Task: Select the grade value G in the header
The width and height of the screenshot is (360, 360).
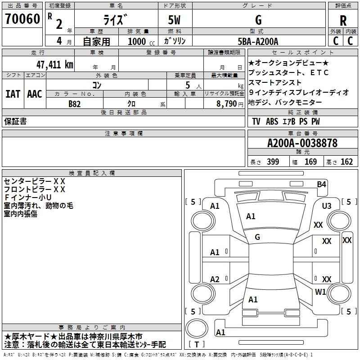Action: tap(258, 20)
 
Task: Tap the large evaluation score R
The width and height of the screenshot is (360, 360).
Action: tap(343, 21)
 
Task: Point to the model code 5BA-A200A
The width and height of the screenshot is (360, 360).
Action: tap(258, 41)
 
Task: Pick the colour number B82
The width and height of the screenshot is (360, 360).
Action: tap(74, 103)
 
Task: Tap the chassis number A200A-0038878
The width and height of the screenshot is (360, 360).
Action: tap(302, 144)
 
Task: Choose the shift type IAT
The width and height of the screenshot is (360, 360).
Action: tap(13, 94)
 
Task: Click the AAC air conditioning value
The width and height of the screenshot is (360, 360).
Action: tap(34, 94)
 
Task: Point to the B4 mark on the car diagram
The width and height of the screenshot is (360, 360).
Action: tap(321, 184)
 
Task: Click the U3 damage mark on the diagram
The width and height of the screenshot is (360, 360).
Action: tap(326, 206)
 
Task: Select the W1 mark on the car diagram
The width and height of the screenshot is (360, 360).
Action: tap(320, 292)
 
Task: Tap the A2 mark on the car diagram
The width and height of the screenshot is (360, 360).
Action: tap(215, 279)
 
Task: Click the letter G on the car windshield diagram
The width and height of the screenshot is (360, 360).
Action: tap(257, 237)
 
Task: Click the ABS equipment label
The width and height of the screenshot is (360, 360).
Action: tap(272, 121)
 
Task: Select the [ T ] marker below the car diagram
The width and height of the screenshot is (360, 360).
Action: tap(197, 345)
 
